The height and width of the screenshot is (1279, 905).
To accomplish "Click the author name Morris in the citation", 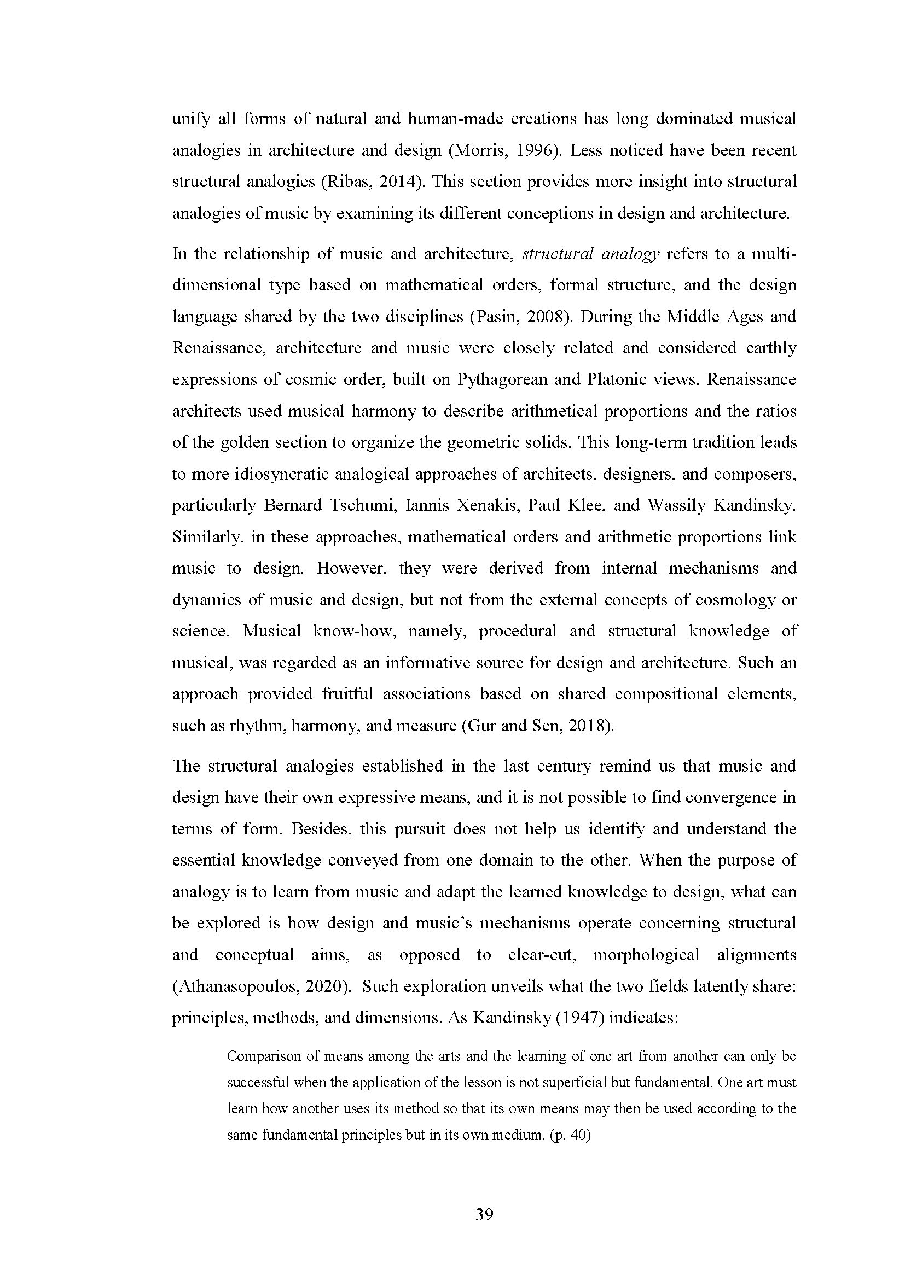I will point(478,151).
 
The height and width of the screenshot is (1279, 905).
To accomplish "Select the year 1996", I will point(534,151).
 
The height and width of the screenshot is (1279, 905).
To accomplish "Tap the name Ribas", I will point(346,182).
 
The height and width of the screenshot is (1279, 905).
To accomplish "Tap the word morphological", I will point(646,955).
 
